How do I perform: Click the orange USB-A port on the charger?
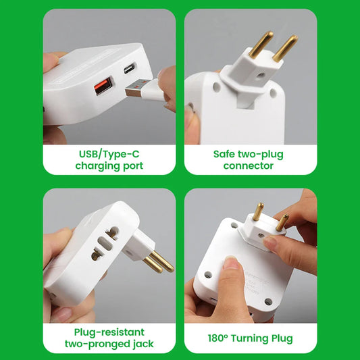coord(103,86)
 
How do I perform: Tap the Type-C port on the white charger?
coord(130,68)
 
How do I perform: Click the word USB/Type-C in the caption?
coord(109,154)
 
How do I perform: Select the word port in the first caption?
coord(133,166)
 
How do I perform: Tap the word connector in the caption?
coord(249,165)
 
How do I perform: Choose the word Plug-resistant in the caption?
coord(109,332)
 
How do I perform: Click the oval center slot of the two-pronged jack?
coord(105,244)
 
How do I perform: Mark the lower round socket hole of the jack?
coord(96,255)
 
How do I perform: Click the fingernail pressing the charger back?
coord(232,263)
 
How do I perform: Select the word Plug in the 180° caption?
coord(282,338)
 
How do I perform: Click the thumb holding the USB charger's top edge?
coord(51,62)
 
